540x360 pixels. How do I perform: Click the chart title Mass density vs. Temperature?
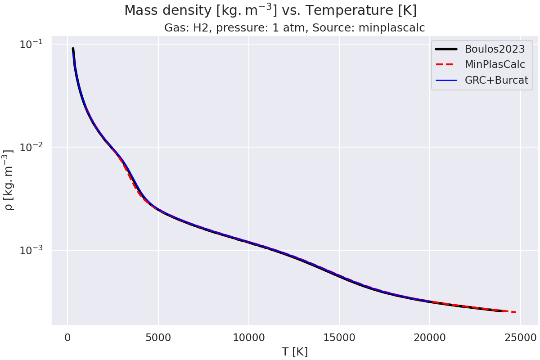(270, 10)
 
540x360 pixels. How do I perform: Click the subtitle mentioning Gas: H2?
(294, 28)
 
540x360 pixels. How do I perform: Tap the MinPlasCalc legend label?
(495, 64)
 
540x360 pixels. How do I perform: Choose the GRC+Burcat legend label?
(496, 81)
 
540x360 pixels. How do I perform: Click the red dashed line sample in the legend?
(446, 64)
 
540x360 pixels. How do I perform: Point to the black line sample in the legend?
(446, 48)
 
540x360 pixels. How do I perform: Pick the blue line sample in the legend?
(446, 81)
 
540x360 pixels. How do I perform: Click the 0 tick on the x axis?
(67, 337)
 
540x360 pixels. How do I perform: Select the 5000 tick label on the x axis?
(158, 337)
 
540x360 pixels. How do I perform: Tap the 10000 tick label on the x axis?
(248, 337)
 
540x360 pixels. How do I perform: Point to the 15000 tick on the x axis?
(339, 337)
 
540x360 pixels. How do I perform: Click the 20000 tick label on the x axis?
(429, 337)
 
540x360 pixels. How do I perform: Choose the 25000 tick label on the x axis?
(520, 337)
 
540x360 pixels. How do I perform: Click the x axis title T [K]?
(294, 352)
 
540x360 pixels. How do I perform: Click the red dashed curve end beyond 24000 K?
(512, 312)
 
